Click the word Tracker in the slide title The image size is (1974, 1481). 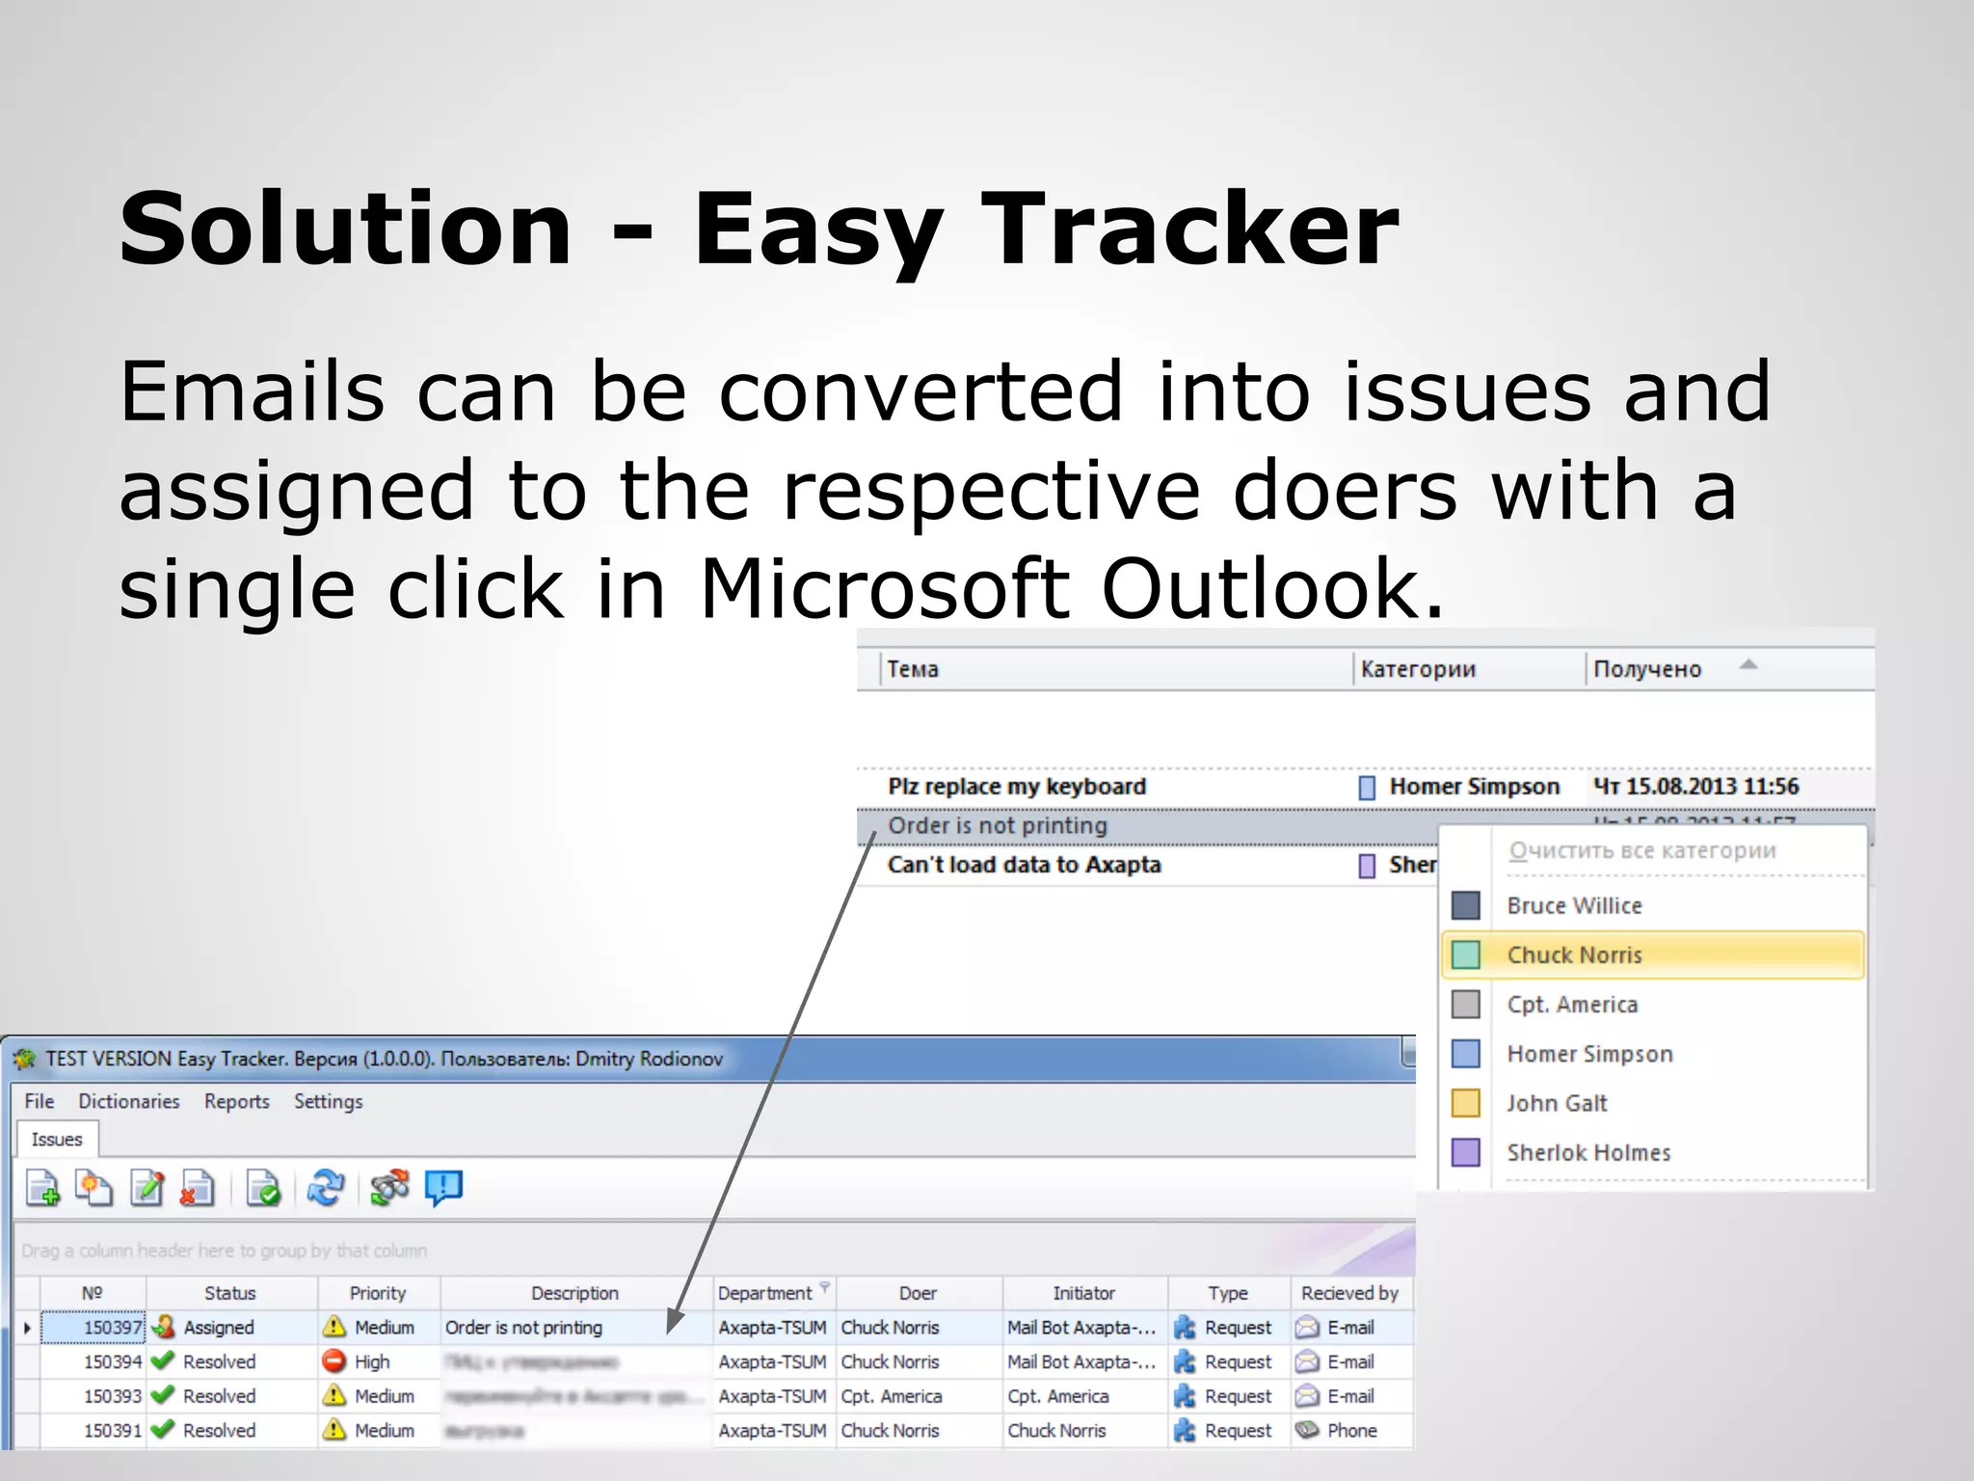coord(1189,229)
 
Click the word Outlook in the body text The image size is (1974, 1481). coord(1272,588)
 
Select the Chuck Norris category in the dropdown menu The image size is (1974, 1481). coord(1573,955)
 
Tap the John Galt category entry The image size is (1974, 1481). coord(1556,1103)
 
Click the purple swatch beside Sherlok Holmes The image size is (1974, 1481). coord(1465,1152)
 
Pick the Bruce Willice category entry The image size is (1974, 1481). coord(1573,905)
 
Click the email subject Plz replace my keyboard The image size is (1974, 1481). coord(1016,787)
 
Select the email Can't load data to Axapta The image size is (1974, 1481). coord(1024,865)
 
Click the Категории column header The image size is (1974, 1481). coord(1417,669)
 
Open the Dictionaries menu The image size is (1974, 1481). coord(128,1101)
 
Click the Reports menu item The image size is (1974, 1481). coord(236,1101)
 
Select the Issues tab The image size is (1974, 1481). coord(57,1140)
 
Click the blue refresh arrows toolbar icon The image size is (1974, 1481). coord(326,1188)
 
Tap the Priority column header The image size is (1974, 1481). coord(377,1293)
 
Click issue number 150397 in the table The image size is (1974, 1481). coord(112,1328)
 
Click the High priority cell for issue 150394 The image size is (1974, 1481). coord(371,1362)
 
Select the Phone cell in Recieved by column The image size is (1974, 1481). coord(1351,1431)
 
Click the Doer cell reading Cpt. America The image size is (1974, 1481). coord(891,1396)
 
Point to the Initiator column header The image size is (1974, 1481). coord(1083,1293)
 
